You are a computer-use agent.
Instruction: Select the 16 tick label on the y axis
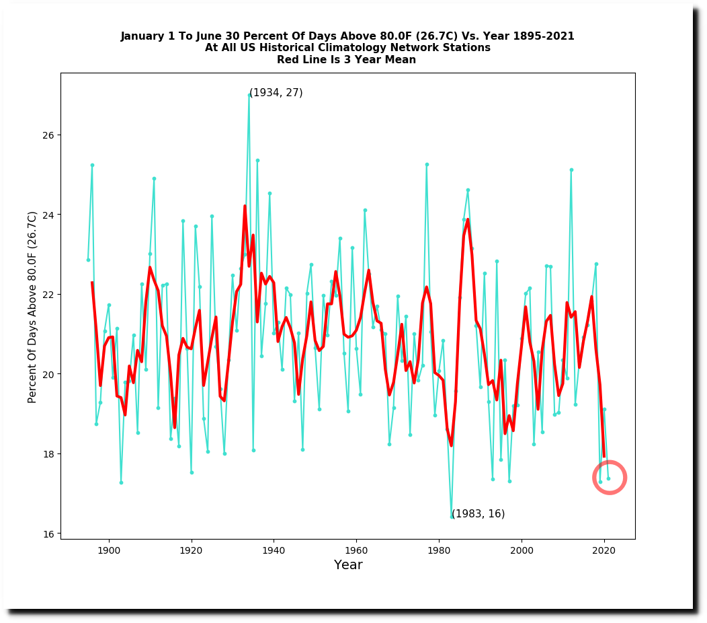point(49,534)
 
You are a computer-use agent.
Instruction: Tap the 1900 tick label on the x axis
point(109,551)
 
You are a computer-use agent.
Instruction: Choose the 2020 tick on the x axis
point(604,540)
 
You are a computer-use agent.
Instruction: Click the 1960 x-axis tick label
point(356,551)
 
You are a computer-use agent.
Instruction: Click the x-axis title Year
point(348,565)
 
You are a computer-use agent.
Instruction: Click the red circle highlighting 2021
point(610,478)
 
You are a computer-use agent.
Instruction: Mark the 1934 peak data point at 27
point(249,95)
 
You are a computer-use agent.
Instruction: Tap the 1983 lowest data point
point(452,517)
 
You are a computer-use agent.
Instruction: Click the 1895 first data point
point(88,260)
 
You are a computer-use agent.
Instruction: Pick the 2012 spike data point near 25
point(571,170)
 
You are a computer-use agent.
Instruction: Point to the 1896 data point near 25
point(92,165)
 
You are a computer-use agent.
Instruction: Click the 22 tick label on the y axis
point(49,295)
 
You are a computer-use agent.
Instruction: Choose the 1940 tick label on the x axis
point(274,551)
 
